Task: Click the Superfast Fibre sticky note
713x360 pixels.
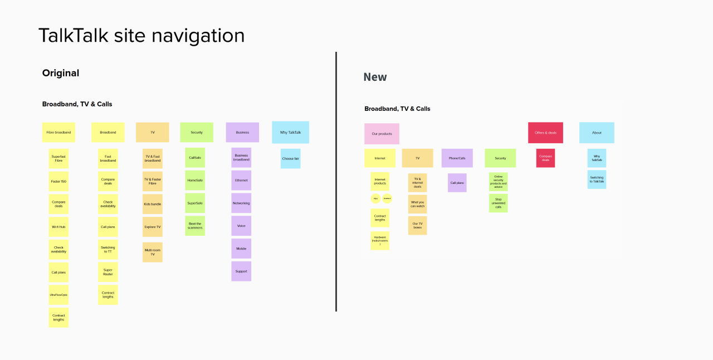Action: (x=58, y=159)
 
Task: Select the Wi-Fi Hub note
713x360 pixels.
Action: (x=58, y=227)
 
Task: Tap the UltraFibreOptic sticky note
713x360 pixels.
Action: (x=58, y=295)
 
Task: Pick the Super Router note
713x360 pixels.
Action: (x=108, y=272)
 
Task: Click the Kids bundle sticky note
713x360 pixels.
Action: (x=153, y=204)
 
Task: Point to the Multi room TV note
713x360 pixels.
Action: (x=153, y=252)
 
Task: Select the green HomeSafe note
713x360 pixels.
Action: (x=195, y=181)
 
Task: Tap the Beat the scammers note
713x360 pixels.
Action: (x=195, y=226)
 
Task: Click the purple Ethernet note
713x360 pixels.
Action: (x=241, y=181)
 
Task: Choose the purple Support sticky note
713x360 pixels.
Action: (x=241, y=271)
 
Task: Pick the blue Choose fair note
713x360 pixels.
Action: (x=290, y=159)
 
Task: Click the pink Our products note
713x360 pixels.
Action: (x=382, y=134)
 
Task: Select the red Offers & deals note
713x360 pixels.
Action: (x=545, y=133)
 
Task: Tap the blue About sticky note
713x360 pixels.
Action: (x=597, y=133)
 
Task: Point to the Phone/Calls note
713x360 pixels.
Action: (x=457, y=158)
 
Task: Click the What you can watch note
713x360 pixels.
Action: (x=418, y=205)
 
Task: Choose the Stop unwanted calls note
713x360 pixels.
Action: (x=499, y=203)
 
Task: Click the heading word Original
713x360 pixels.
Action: (x=61, y=73)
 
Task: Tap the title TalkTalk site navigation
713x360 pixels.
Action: (x=141, y=36)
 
